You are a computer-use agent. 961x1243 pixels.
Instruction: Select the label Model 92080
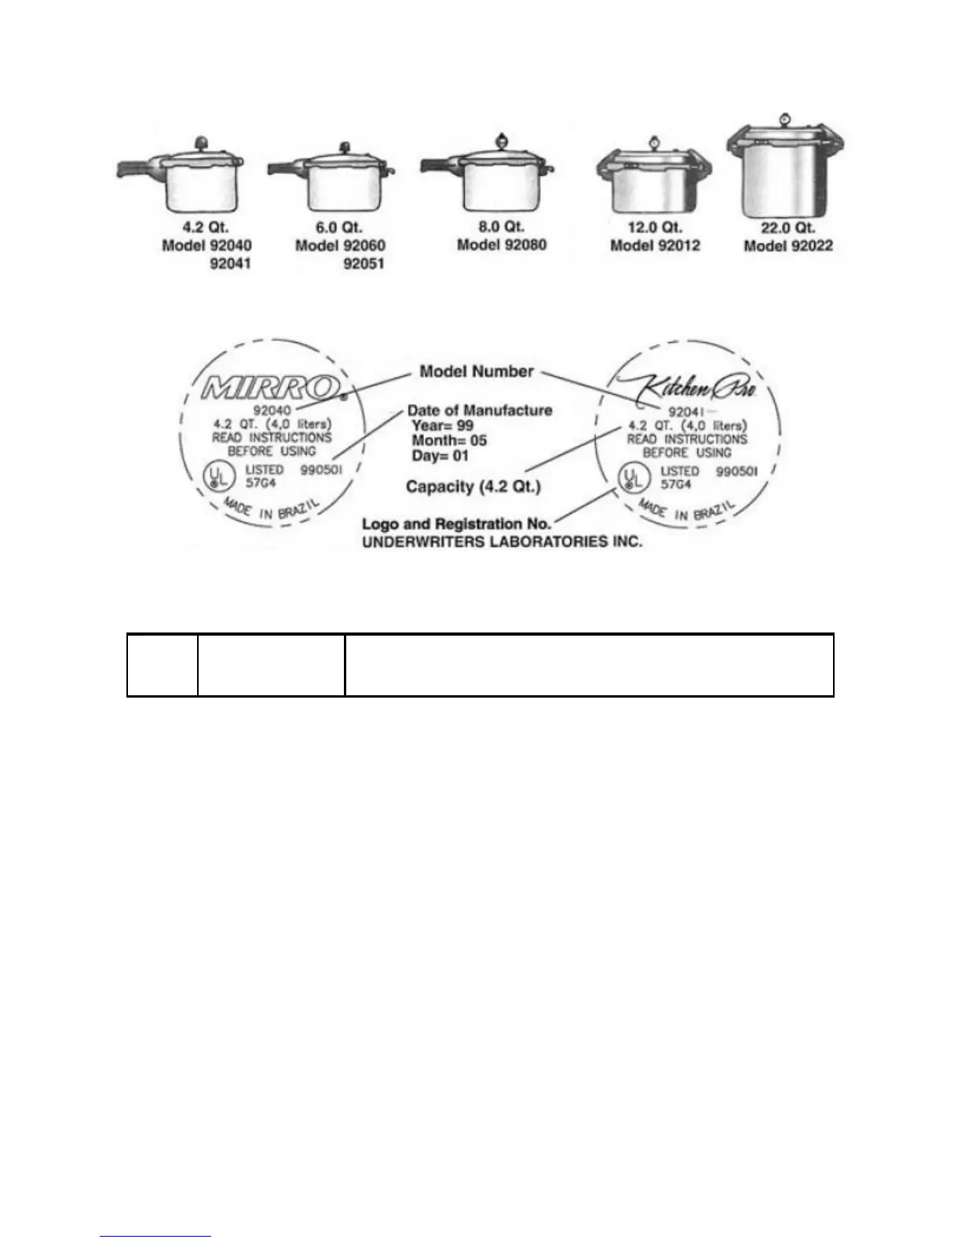tap(502, 245)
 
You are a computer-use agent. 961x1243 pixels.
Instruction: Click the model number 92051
tap(364, 264)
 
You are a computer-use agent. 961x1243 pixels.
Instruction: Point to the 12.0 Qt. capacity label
tap(655, 228)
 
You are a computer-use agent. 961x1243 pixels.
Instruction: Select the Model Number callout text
tap(477, 372)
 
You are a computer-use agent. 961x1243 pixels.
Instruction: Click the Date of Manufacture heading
tap(479, 410)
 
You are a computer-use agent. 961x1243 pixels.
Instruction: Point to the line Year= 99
tap(443, 425)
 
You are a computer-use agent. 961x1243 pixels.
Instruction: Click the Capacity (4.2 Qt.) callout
tap(473, 487)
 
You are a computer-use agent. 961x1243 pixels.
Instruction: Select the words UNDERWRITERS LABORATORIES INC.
tap(502, 541)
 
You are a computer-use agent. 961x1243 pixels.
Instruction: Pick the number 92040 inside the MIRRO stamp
tap(272, 410)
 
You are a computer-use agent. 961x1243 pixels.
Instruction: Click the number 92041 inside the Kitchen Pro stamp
tap(686, 412)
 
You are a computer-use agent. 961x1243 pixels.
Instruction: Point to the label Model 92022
tap(787, 246)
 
